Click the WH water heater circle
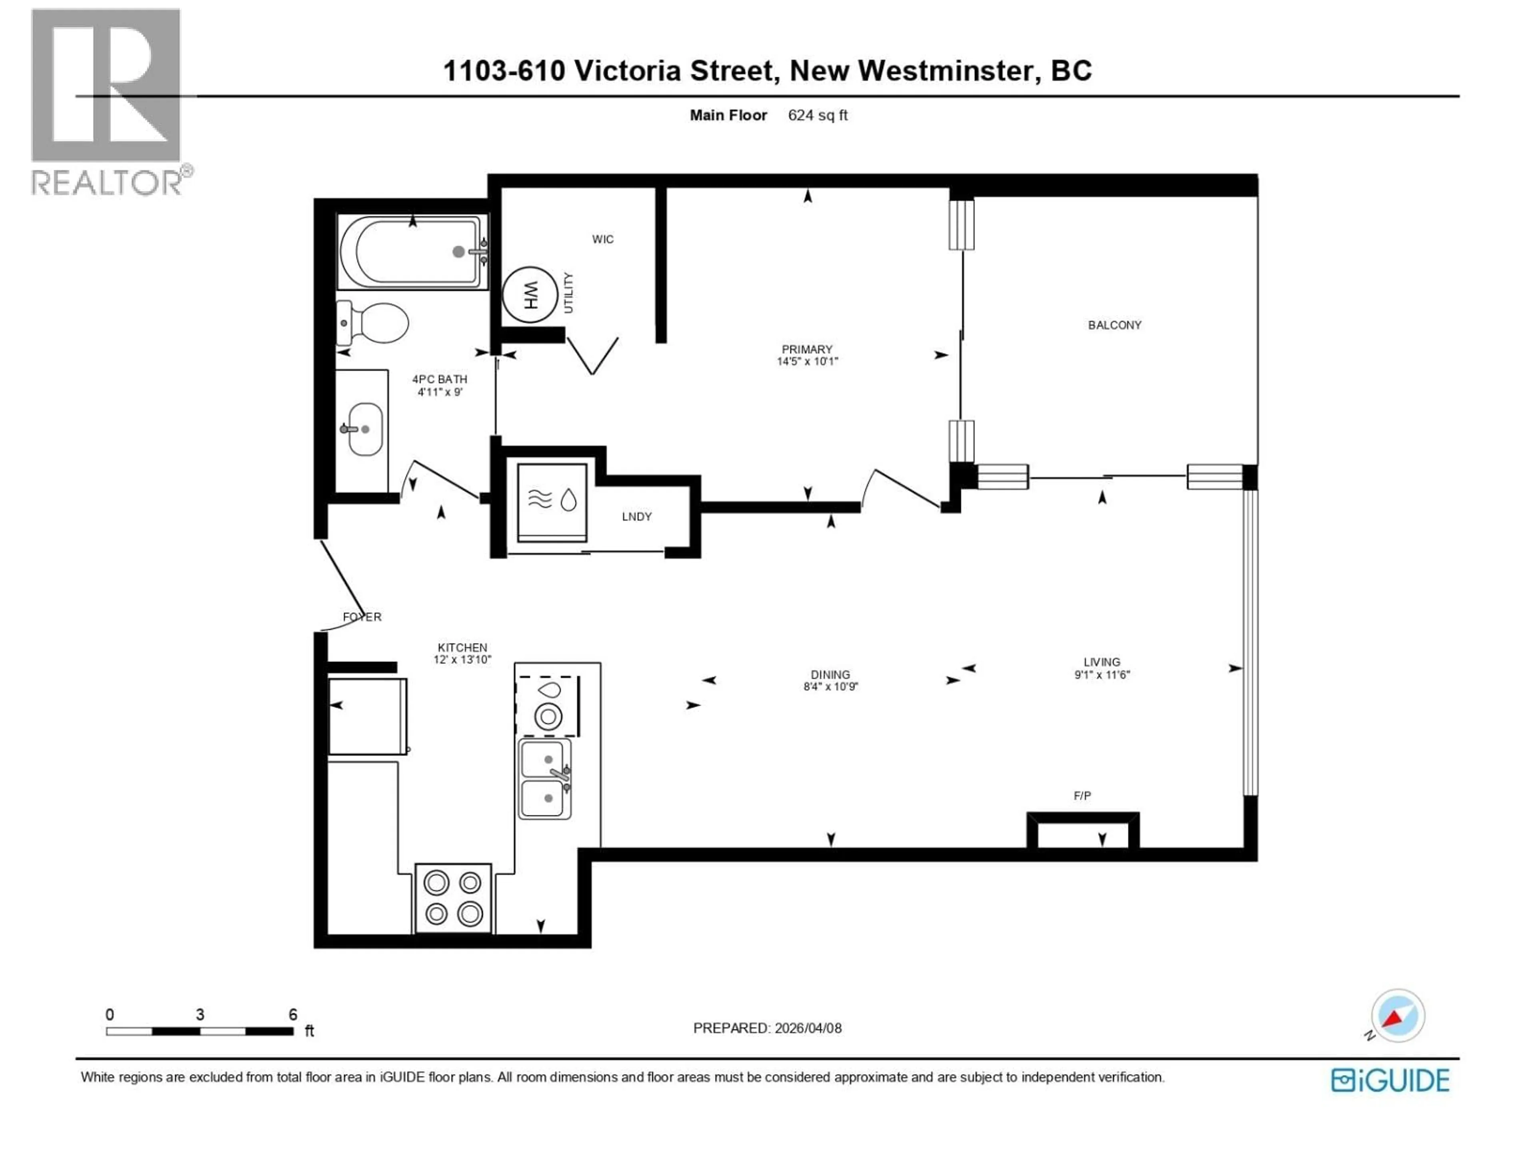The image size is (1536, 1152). (530, 295)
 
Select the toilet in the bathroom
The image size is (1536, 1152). (375, 323)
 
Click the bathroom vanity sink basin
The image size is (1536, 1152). (364, 429)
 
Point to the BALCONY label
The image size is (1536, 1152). (1114, 325)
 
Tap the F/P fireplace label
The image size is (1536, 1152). (1082, 796)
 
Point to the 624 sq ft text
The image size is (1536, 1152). (817, 115)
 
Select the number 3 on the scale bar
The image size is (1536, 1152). (200, 1014)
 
